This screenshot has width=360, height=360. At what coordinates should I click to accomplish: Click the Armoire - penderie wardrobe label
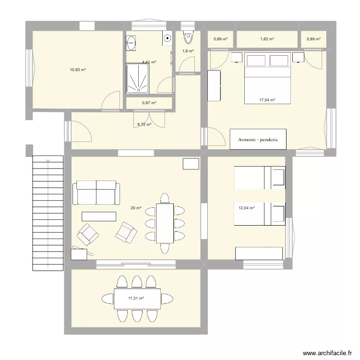point(258,140)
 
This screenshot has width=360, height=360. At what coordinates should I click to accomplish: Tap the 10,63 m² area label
point(78,70)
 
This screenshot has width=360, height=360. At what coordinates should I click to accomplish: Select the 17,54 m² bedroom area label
point(267,100)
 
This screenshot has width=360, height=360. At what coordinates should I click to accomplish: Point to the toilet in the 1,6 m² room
point(188,37)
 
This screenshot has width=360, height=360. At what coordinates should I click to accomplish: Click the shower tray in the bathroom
point(138,79)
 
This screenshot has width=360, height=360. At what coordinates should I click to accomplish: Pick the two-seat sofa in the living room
point(96,192)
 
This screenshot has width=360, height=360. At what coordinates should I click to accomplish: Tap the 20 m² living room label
point(136,208)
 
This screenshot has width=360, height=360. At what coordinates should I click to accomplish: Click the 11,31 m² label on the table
point(136,298)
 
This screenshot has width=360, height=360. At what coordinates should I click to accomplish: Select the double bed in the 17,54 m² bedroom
point(267,78)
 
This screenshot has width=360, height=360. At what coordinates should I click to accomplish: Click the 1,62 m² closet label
point(267,39)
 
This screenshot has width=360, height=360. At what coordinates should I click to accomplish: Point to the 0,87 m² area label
point(149,103)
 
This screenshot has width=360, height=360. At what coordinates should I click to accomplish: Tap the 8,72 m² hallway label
point(144,124)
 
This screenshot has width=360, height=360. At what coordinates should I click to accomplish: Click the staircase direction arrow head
point(48,160)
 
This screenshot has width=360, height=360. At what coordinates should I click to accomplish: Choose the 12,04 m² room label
point(246,208)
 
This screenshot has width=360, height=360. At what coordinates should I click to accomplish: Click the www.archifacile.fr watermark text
point(327,353)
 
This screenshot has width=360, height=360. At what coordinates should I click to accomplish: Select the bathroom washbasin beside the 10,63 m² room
point(131,43)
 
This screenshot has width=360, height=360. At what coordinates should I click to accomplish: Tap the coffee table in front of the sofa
point(99,216)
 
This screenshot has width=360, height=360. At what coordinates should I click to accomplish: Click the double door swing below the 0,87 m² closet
point(149,120)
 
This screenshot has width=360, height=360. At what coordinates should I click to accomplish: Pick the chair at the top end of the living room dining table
point(165,198)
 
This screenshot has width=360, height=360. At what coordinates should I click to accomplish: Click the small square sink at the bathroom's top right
point(167,38)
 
